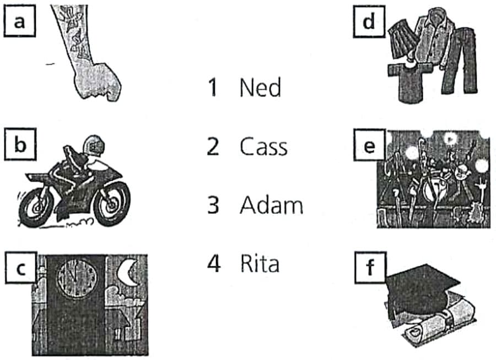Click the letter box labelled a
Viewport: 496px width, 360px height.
[x=20, y=22]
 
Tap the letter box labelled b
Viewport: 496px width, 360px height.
[x=20, y=144]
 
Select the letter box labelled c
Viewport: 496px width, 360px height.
[x=21, y=268]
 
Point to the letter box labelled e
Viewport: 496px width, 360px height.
[x=369, y=145]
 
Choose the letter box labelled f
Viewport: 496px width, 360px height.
[x=370, y=267]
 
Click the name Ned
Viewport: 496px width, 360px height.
[x=260, y=87]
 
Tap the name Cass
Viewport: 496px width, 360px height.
[x=263, y=147]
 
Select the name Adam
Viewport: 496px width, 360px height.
[x=271, y=205]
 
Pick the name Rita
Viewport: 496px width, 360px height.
[x=260, y=264]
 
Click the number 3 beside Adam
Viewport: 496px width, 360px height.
[x=213, y=205]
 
